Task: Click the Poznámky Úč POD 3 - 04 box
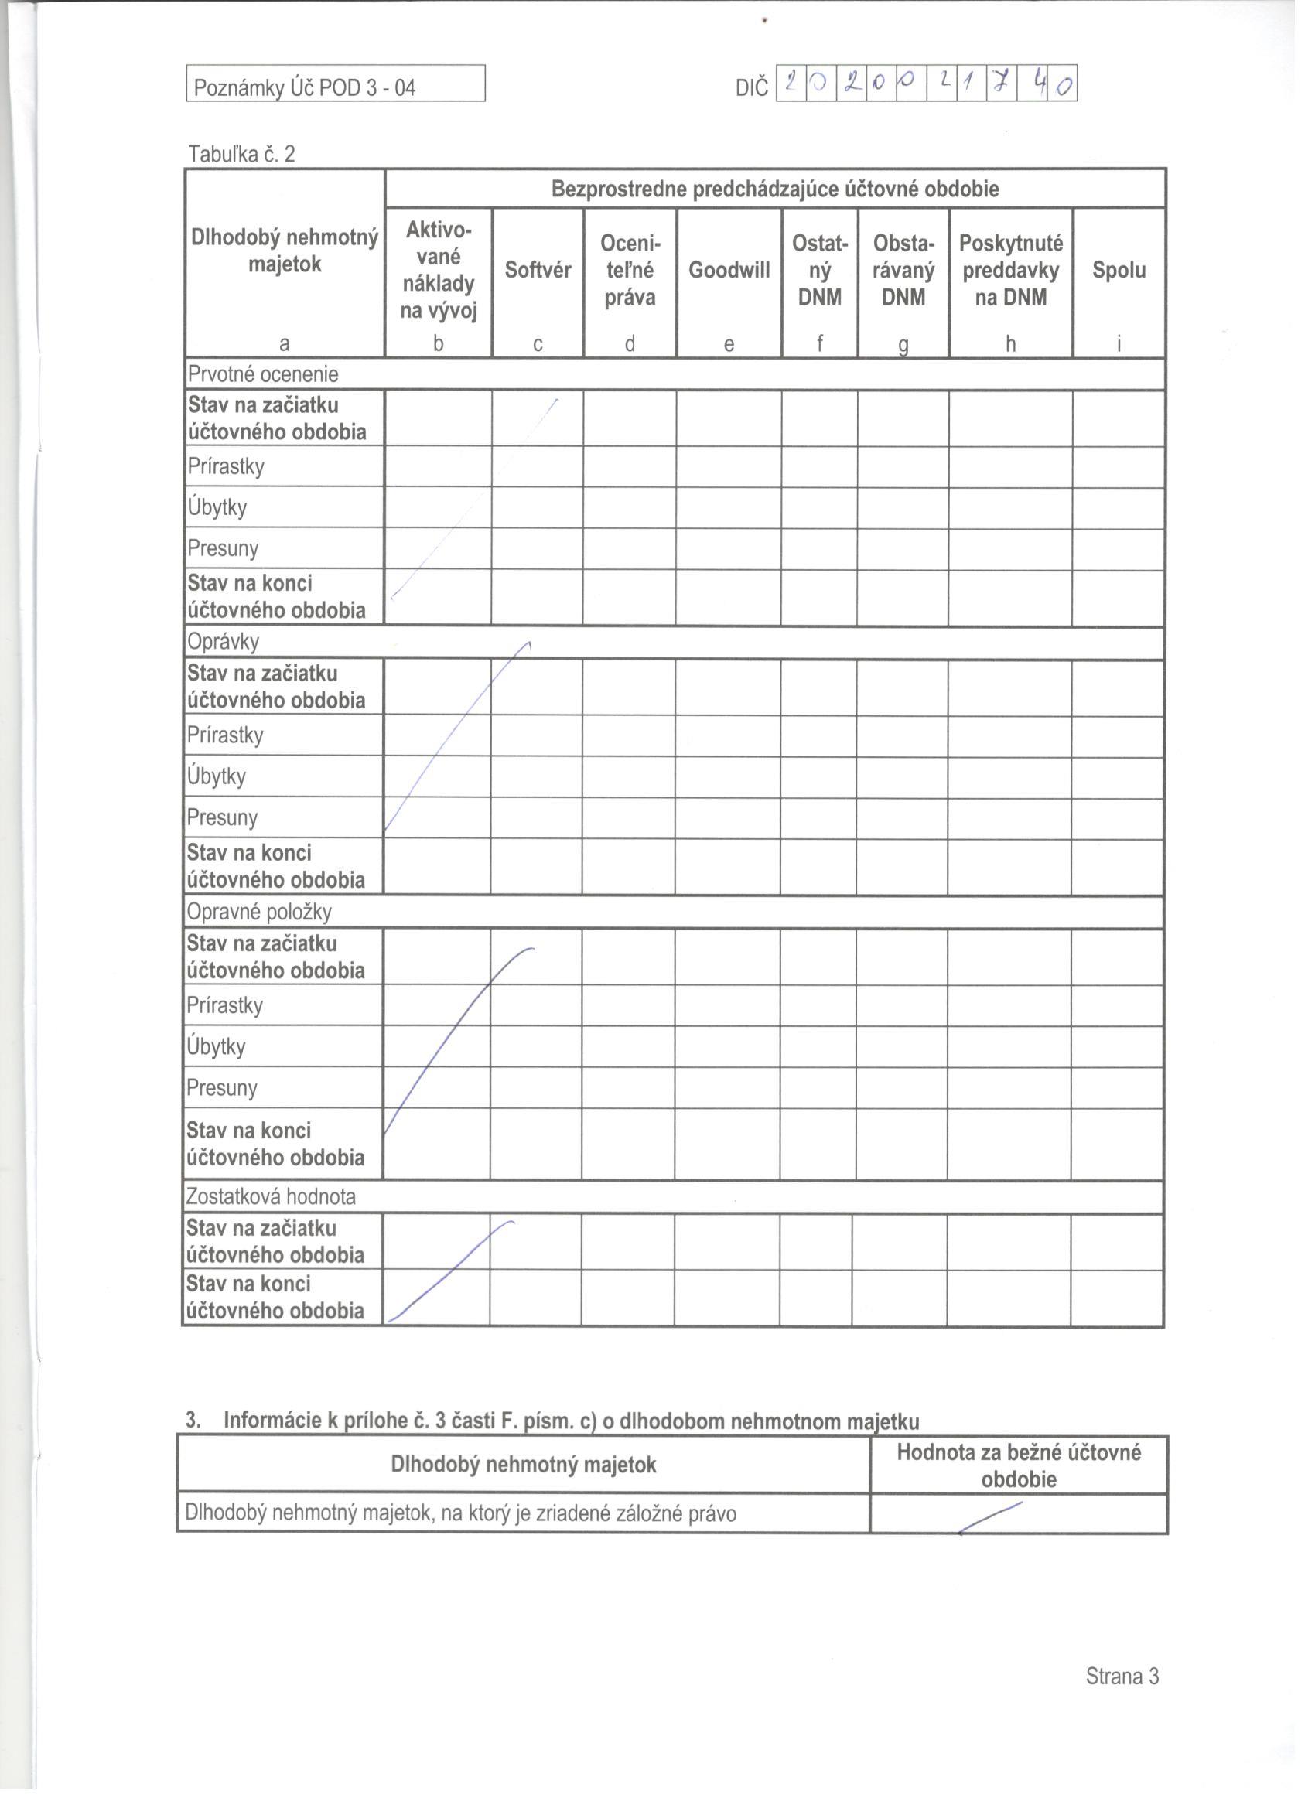335,84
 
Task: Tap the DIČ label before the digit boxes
751,87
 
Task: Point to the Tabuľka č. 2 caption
241,154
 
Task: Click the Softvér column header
538,270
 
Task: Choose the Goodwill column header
729,270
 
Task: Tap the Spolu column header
1118,270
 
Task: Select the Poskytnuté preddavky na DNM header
1009,270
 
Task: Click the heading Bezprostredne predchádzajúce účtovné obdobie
774,189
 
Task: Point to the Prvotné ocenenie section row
262,374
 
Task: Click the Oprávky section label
223,642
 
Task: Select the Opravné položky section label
258,911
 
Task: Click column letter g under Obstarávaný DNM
903,344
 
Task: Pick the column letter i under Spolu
1118,343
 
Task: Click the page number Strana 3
1121,1676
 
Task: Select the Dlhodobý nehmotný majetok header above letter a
284,251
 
